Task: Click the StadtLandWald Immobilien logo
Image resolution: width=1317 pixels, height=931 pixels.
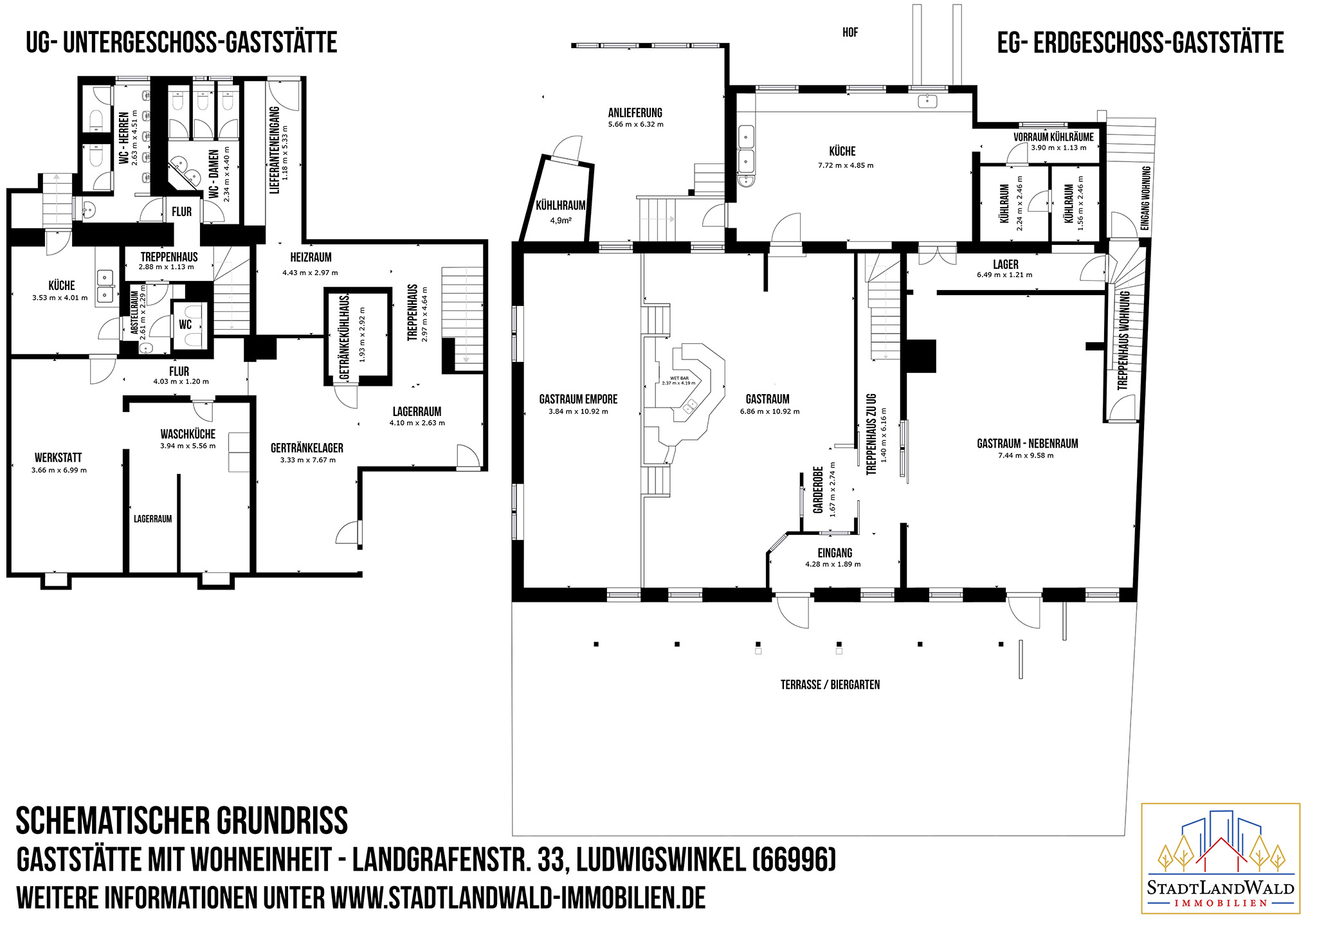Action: coord(1220,858)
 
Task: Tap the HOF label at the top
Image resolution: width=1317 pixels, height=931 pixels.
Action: coord(850,32)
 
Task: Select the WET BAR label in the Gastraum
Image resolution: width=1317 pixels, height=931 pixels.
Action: coord(679,378)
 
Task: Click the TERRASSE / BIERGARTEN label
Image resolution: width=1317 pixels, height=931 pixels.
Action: coord(830,685)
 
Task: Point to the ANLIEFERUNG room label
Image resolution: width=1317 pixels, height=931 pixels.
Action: coord(635,113)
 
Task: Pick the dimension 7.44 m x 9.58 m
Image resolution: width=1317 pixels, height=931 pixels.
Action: coord(1026,455)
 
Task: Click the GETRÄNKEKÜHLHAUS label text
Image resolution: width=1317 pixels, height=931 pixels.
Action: coord(344,336)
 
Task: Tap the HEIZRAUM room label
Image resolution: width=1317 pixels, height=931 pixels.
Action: coord(311,257)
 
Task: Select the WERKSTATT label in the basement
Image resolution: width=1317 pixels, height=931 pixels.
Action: coord(59,458)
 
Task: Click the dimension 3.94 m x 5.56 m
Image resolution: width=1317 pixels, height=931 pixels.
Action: coord(188,446)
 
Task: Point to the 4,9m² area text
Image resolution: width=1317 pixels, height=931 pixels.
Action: coord(561,220)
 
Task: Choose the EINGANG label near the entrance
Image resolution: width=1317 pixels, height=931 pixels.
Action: coord(835,553)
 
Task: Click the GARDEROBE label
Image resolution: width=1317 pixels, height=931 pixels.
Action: coord(818,490)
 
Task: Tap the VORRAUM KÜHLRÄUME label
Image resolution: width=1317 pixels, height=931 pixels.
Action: coord(1053,137)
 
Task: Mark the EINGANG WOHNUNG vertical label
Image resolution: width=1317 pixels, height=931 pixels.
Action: coord(1145,198)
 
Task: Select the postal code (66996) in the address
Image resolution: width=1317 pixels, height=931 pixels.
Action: coord(794,860)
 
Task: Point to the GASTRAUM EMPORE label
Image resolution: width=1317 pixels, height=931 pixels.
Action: coord(578,399)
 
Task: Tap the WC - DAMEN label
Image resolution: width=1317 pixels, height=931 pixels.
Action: coord(214,174)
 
